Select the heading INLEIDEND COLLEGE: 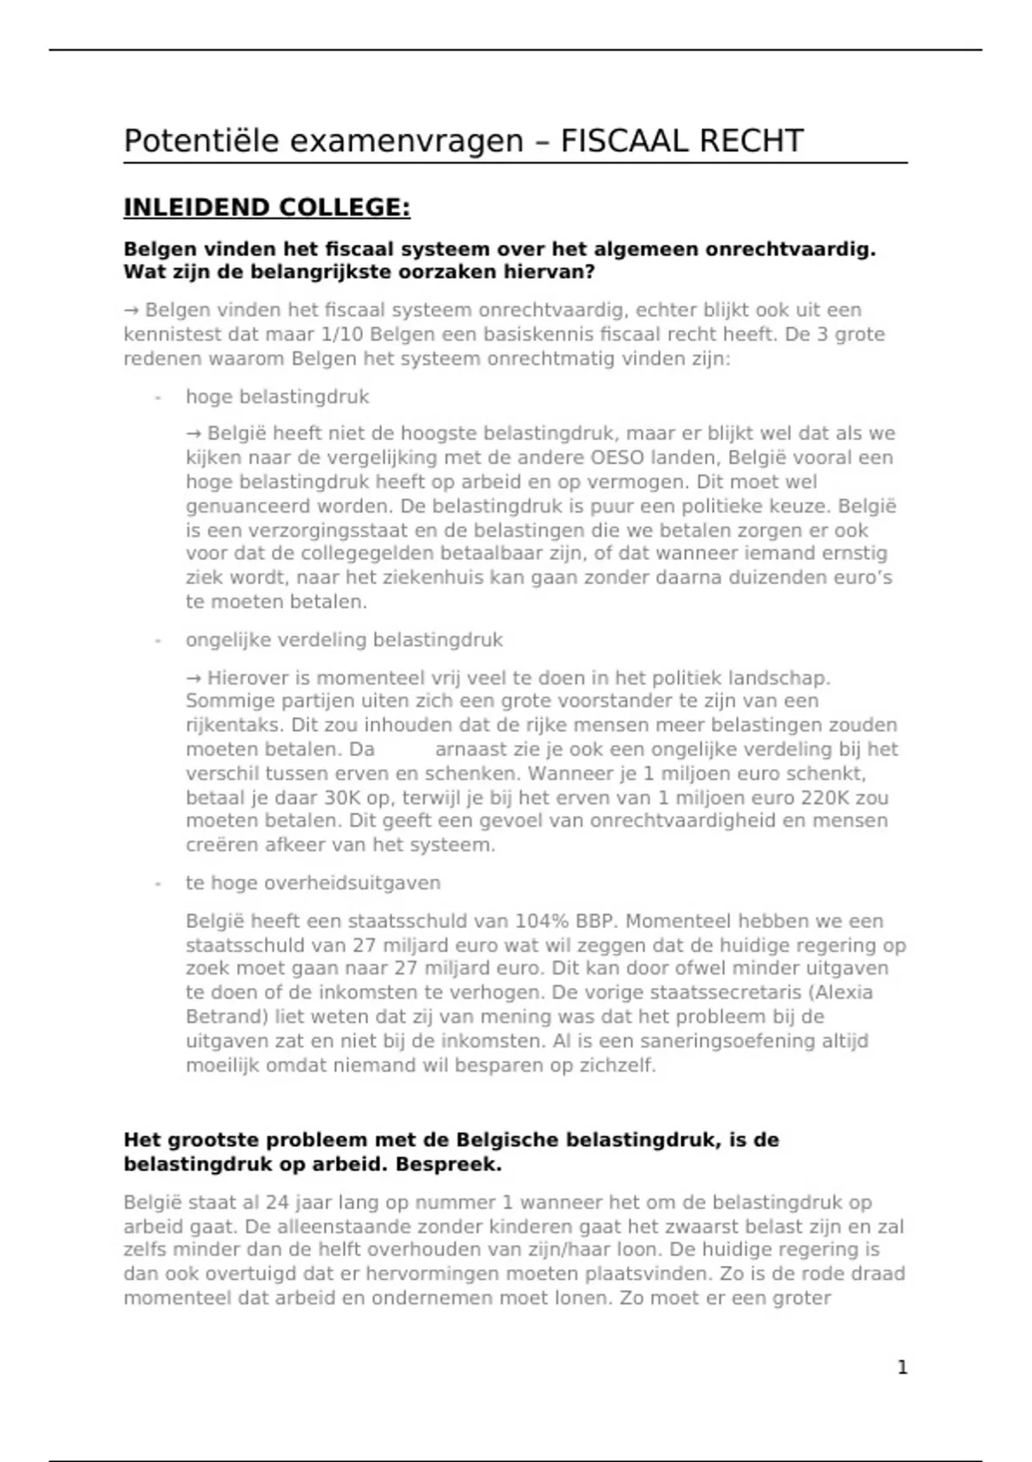267,208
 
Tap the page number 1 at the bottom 902,1367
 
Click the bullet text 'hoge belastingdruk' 277,396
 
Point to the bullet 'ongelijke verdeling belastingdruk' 344,640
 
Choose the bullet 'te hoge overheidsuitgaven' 313,882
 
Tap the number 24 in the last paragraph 277,1202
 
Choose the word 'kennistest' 168,334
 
